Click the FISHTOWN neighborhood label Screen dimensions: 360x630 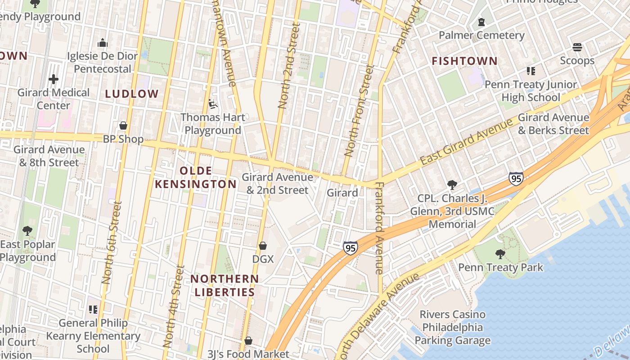(464, 61)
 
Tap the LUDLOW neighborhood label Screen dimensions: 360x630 (132, 94)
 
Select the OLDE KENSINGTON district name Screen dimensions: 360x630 (196, 177)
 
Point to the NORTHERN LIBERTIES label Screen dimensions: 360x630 (225, 285)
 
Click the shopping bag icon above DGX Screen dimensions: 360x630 (263, 246)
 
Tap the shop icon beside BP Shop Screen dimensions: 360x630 (123, 126)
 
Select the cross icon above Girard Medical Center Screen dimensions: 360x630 (54, 80)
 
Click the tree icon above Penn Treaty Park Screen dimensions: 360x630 (500, 254)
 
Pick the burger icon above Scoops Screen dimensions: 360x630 (577, 47)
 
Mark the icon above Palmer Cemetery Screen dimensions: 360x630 (481, 22)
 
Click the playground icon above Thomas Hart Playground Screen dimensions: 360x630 (213, 104)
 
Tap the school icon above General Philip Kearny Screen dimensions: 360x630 (93, 310)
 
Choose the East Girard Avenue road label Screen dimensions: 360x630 (466, 142)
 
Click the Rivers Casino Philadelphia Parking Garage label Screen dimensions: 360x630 (452, 327)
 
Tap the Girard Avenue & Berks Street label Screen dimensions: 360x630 (553, 124)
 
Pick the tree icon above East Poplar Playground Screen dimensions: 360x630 (27, 231)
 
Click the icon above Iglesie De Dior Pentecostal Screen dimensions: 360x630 (102, 43)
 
